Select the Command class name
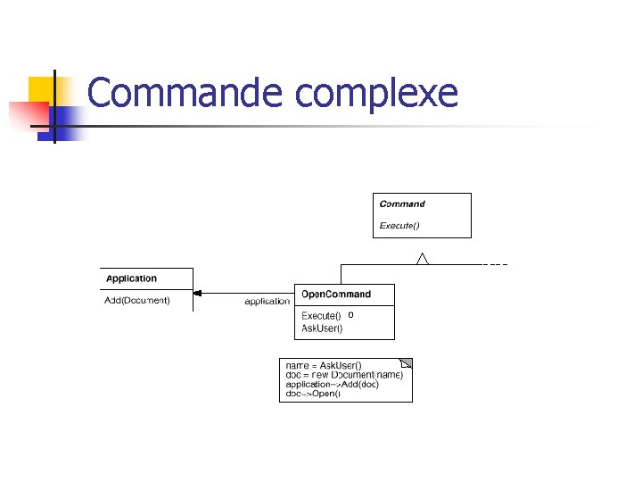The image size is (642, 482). click(x=402, y=204)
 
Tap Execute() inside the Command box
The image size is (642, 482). click(x=399, y=225)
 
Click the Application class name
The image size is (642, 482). click(x=131, y=279)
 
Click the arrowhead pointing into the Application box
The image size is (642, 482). click(x=198, y=294)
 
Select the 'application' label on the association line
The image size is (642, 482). click(x=267, y=302)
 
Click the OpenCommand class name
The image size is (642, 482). click(x=335, y=295)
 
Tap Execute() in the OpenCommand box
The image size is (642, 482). click(x=321, y=316)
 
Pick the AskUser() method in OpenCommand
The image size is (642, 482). click(x=322, y=328)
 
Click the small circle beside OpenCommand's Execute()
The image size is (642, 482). click(x=351, y=315)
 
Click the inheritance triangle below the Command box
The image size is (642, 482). click(x=423, y=259)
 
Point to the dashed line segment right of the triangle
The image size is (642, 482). click(x=495, y=265)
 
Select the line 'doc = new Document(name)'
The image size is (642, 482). click(x=344, y=375)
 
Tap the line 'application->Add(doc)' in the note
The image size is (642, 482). click(x=332, y=385)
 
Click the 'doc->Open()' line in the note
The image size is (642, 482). click(x=312, y=394)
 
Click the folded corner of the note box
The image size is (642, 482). click(x=407, y=363)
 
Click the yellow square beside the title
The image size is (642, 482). click(x=41, y=89)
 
